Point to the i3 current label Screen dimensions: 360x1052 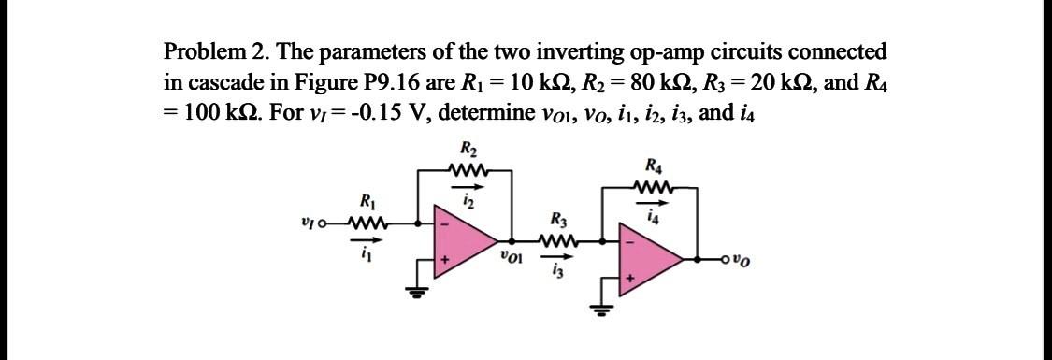(559, 272)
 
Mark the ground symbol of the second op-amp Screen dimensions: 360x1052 (604, 306)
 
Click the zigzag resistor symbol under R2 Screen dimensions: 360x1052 (467, 169)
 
